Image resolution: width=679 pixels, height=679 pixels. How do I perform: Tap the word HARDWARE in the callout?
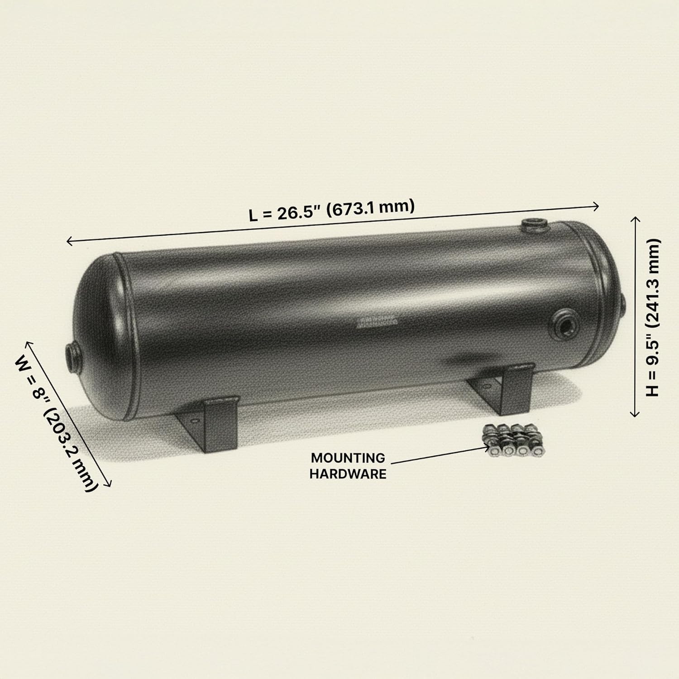(348, 474)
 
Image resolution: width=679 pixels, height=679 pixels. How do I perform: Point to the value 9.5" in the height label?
(653, 357)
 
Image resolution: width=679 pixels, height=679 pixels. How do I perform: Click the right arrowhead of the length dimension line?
(597, 206)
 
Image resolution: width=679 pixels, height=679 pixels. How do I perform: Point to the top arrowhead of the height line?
(635, 219)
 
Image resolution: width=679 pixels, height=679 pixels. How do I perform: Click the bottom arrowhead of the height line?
(635, 414)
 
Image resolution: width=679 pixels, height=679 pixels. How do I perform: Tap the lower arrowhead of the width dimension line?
(109, 485)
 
